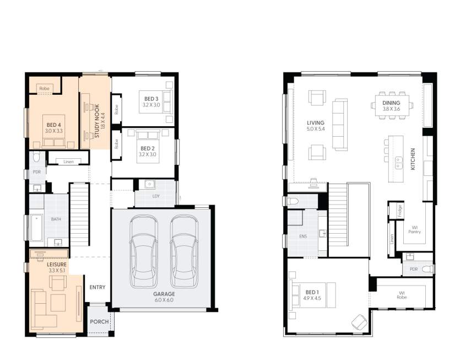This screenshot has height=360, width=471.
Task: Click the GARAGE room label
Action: point(164,294)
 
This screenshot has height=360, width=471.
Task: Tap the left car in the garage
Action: point(144,251)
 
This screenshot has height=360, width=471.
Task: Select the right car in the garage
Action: point(184,251)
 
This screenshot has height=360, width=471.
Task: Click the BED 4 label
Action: point(54,125)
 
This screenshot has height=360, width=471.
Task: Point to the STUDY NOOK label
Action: point(97,121)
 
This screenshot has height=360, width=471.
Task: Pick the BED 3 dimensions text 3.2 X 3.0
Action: point(151,105)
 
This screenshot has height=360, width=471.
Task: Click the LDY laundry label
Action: point(156,196)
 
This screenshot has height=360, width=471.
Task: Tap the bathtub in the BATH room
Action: point(37,228)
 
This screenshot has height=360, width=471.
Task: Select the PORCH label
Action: point(99,321)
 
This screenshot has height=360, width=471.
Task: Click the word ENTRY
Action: point(98,287)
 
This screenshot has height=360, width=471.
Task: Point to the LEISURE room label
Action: point(57,265)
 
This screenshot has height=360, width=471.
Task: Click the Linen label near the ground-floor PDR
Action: point(68,162)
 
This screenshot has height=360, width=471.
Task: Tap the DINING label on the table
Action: point(391,103)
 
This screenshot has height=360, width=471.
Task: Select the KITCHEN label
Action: point(413,159)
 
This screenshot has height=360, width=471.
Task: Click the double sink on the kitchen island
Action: point(399,163)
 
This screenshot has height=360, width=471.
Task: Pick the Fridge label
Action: point(400,211)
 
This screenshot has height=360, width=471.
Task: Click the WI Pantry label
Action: point(414,229)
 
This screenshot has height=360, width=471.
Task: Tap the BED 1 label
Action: point(312,292)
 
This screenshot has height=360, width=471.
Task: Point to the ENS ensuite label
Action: point(303,237)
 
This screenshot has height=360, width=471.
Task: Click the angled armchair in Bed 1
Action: point(359,322)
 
